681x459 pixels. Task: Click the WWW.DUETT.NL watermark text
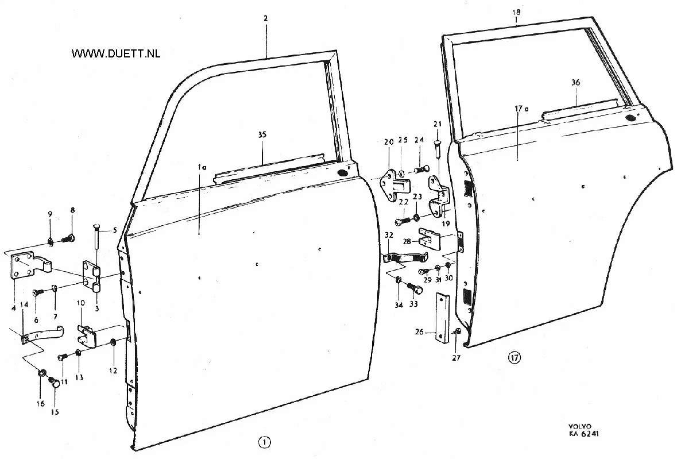(116, 53)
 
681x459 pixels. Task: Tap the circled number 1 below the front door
(264, 442)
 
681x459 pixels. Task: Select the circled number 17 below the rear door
(514, 358)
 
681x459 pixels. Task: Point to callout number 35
(262, 135)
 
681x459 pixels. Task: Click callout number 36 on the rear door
(575, 83)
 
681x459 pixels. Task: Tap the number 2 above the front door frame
(266, 19)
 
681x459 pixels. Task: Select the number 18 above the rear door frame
(516, 12)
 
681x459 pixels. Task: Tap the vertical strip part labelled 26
(443, 318)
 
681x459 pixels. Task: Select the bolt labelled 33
(415, 288)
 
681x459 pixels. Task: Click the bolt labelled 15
(55, 382)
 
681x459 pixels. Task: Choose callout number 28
(408, 241)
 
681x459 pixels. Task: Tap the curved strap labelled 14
(42, 334)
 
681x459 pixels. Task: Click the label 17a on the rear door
(521, 109)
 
